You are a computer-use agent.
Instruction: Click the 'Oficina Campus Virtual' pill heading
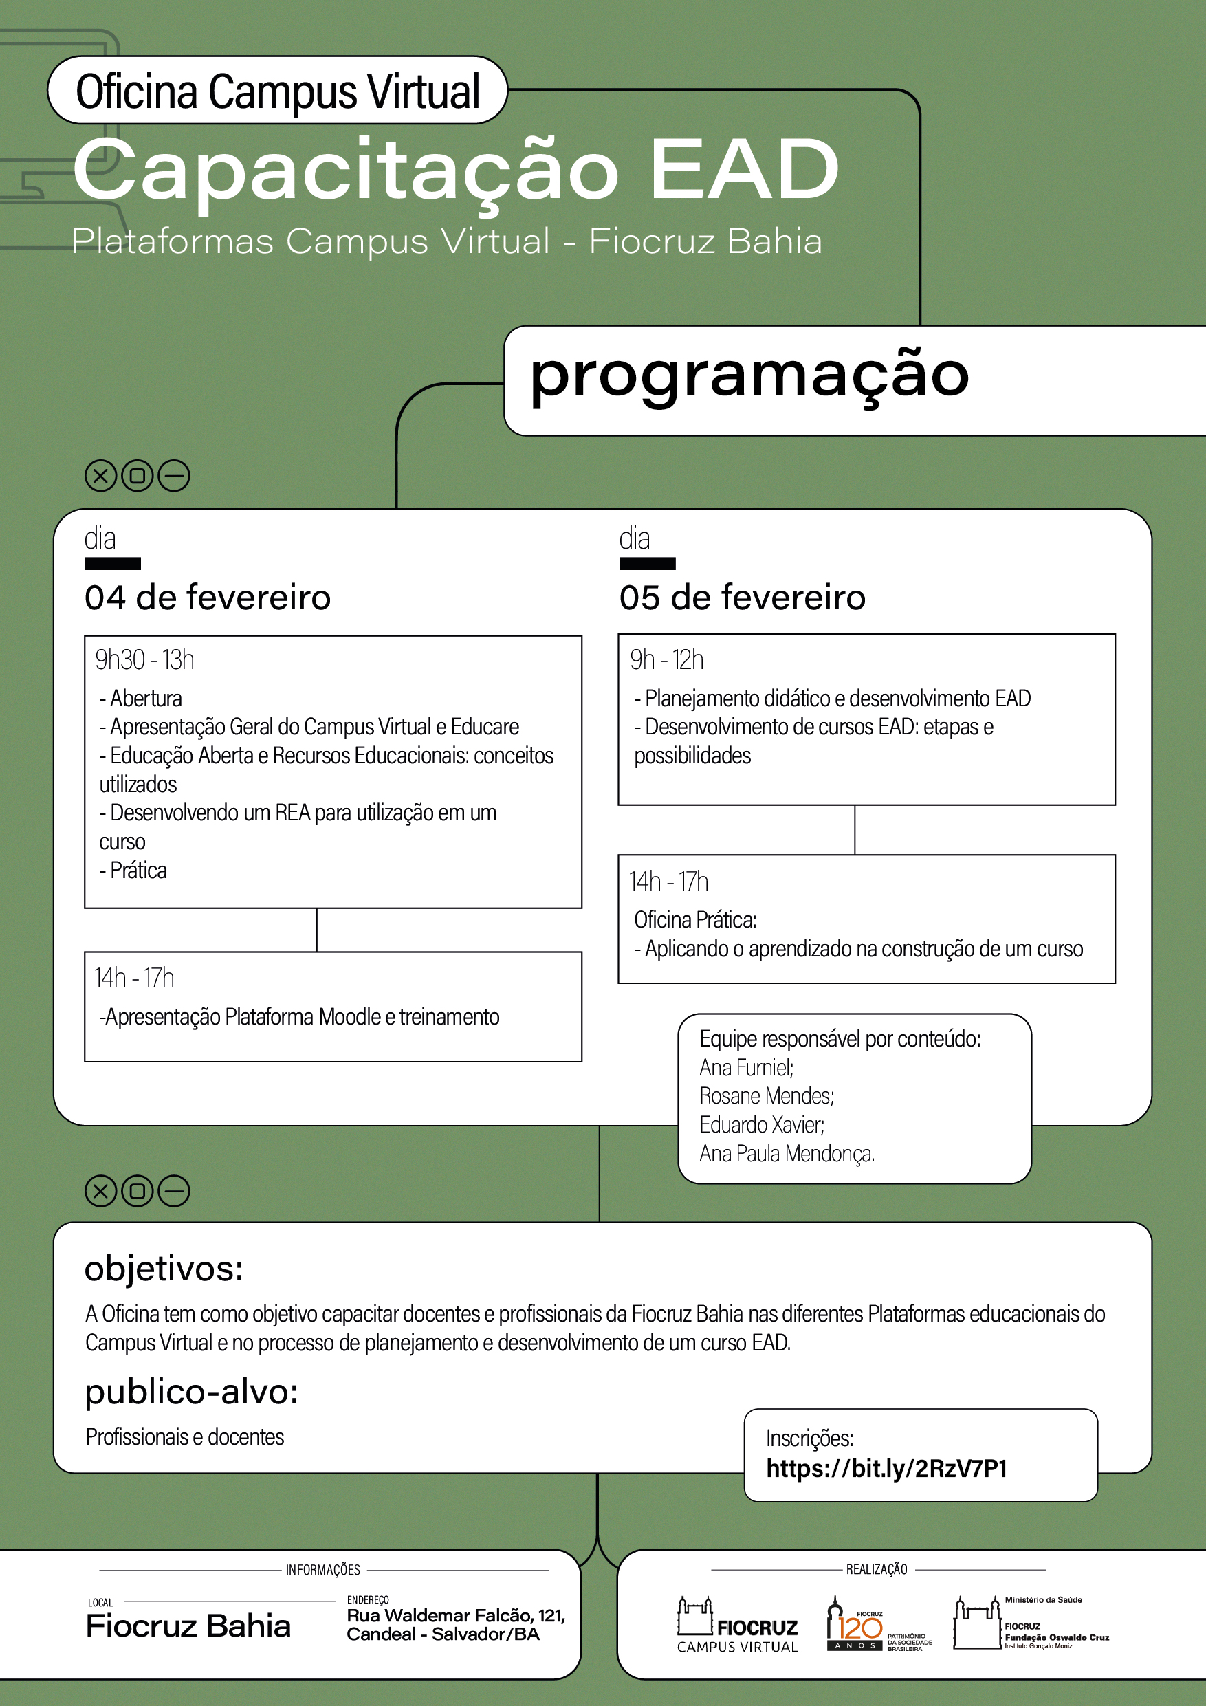(x=278, y=91)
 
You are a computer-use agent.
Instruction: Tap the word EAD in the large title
(x=744, y=170)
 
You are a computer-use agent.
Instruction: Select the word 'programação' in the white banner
(x=749, y=375)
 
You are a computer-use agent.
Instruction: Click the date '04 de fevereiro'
(x=208, y=598)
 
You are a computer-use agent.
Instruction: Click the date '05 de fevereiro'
(x=743, y=598)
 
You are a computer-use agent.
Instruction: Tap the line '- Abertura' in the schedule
(x=141, y=699)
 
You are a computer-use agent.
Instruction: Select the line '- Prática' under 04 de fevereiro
(x=134, y=870)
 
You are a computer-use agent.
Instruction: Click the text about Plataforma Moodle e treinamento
(x=300, y=1016)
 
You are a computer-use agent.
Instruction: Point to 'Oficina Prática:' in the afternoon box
(x=694, y=920)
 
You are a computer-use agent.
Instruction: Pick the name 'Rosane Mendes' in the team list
(x=766, y=1096)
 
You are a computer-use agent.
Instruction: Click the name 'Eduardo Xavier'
(x=762, y=1124)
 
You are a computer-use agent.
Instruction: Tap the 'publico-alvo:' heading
(x=191, y=1392)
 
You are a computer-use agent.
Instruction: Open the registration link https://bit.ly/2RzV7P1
(x=886, y=1468)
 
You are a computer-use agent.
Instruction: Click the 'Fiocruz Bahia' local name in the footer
(x=188, y=1626)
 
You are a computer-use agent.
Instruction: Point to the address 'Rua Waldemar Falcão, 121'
(x=455, y=1615)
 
